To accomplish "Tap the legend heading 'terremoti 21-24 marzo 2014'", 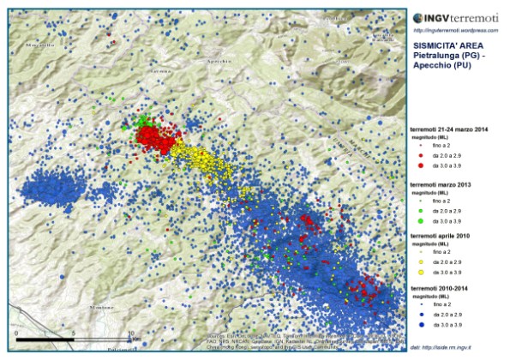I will [451, 129].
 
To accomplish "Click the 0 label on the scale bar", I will [16, 332].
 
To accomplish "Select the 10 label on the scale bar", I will [130, 332].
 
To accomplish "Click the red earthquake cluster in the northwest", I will [154, 137].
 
